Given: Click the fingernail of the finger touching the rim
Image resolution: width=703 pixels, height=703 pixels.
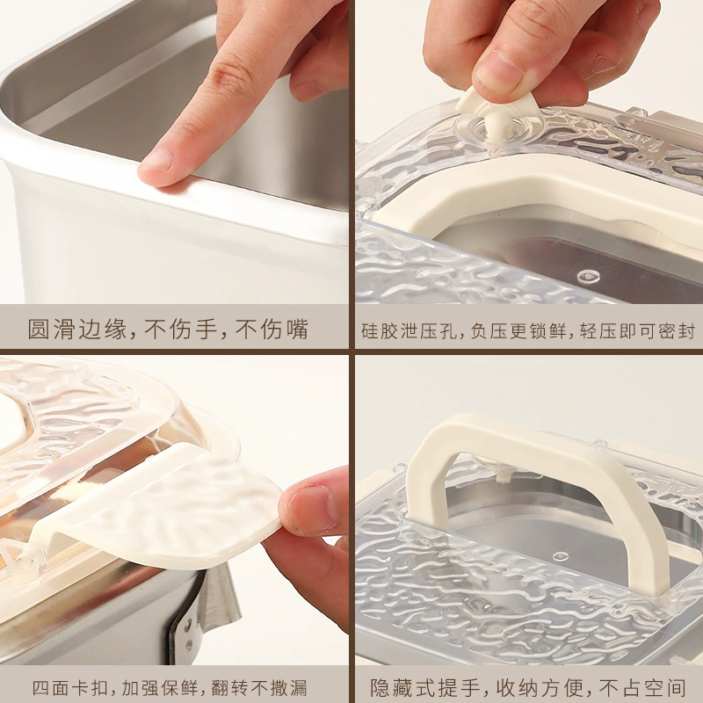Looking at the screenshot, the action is click(x=156, y=160).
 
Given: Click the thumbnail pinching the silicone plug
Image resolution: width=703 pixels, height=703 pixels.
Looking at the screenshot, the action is click(x=499, y=72).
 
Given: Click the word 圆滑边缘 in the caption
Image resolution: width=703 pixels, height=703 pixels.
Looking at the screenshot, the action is click(x=77, y=330).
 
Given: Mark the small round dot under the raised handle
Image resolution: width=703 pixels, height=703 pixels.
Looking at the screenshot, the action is click(x=561, y=556).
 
